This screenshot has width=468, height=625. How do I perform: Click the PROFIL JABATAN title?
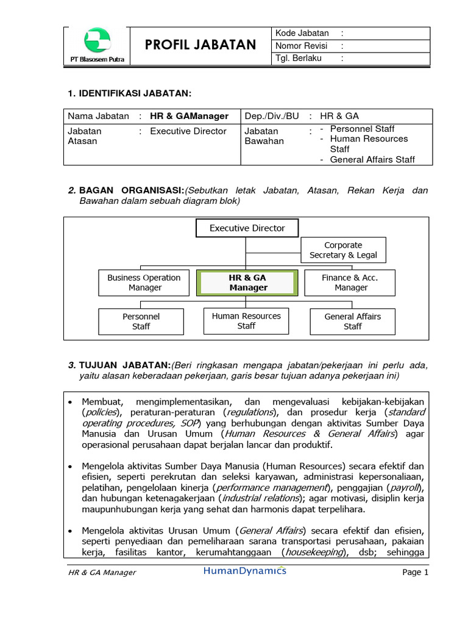point(200,45)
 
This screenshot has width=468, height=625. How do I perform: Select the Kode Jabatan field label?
point(302,33)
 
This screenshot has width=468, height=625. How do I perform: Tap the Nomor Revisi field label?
point(302,46)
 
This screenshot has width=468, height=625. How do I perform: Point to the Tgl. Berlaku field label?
point(299,59)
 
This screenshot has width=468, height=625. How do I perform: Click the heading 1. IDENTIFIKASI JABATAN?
point(129,93)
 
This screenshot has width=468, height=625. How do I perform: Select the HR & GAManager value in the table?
point(189,116)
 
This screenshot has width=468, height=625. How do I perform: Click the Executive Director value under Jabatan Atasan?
point(188,131)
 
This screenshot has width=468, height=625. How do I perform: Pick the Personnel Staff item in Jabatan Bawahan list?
point(362,129)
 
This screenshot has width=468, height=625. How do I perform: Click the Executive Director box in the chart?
point(247,228)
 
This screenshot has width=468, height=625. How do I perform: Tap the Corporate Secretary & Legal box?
point(343,250)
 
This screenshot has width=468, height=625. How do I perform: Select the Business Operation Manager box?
point(144,283)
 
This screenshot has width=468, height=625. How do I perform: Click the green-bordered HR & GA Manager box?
point(247,283)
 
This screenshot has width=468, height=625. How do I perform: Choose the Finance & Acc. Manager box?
point(350,283)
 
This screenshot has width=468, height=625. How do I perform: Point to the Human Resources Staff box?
point(246,321)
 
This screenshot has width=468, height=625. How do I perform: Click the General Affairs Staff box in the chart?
point(352,321)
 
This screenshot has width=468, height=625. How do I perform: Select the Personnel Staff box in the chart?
point(141,322)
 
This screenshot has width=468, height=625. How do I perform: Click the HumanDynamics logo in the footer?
point(244,571)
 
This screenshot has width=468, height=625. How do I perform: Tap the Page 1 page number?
point(416,573)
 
